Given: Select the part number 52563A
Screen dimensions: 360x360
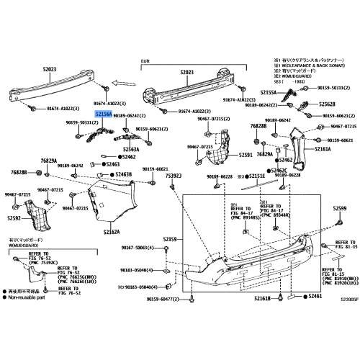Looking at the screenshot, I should pyautogui.click(x=130, y=149).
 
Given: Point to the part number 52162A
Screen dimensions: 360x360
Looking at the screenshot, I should pyautogui.click(x=112, y=232).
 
